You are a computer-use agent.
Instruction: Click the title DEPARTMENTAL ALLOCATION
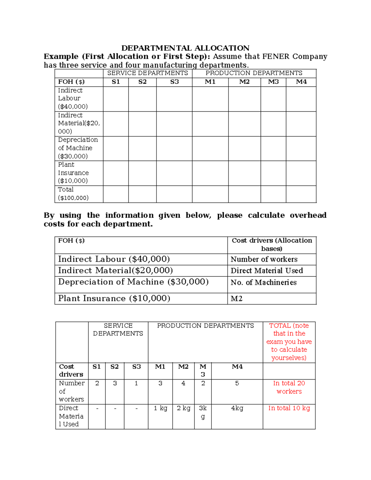click(x=185, y=48)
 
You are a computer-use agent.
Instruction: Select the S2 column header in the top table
click(x=142, y=82)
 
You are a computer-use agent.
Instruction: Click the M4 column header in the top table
click(x=301, y=82)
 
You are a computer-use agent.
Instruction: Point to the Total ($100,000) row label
click(x=73, y=194)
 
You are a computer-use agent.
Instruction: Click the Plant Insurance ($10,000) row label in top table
click(x=73, y=173)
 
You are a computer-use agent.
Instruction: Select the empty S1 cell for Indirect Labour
click(x=116, y=99)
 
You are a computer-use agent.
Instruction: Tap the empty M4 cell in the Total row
click(x=301, y=194)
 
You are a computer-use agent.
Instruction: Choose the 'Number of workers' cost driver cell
click(x=264, y=259)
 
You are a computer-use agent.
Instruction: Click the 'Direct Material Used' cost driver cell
click(x=267, y=271)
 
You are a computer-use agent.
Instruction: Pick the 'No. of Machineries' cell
click(x=263, y=282)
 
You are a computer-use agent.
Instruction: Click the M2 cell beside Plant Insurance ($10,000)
click(x=237, y=299)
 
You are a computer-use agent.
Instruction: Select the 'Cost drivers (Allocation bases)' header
click(x=272, y=244)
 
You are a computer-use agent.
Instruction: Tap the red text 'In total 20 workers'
click(x=289, y=387)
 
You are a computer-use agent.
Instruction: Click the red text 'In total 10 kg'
click(x=289, y=408)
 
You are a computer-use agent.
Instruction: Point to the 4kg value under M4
click(x=237, y=408)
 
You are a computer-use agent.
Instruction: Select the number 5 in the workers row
click(x=237, y=383)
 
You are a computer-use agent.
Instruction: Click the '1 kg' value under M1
click(x=160, y=408)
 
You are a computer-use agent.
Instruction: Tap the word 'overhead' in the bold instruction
click(x=308, y=215)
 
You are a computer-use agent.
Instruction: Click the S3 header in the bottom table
click(x=136, y=367)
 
